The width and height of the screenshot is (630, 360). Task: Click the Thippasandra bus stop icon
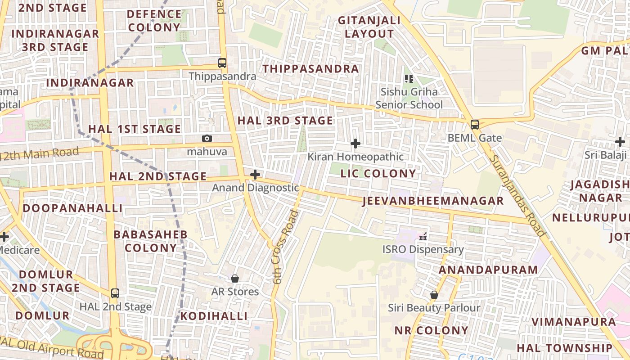222,63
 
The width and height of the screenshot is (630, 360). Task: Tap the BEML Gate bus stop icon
475,125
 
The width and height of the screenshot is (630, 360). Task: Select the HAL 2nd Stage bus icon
115,293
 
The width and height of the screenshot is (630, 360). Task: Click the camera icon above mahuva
207,139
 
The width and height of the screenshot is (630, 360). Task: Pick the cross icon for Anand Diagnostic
255,175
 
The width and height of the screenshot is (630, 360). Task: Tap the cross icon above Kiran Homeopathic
355,144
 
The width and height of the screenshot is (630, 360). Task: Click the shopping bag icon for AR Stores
235,279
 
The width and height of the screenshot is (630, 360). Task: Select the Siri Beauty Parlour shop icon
434,295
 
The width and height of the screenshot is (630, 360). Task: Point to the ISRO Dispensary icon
423,236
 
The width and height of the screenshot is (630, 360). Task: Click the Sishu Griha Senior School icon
409,79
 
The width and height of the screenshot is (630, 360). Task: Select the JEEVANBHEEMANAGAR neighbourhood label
433,201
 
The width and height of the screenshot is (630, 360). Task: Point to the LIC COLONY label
378,174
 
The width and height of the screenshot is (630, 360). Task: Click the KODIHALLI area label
214,316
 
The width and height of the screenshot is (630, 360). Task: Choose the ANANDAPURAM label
488,270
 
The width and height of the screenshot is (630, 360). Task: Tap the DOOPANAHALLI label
72,208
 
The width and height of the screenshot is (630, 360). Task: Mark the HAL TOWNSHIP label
564,348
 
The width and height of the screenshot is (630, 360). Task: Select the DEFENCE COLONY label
154,21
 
